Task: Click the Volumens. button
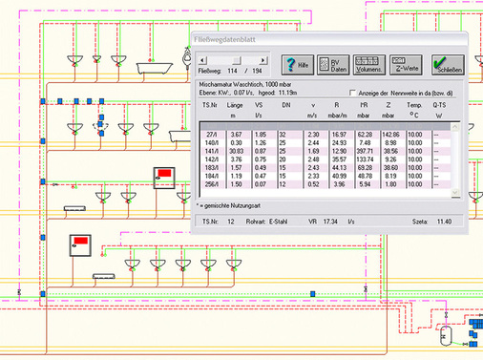point(369,65)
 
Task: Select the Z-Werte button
point(407,65)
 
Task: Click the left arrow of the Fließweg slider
point(200,59)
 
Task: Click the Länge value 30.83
point(235,151)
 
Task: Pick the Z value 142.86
point(388,135)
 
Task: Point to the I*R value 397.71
point(362,151)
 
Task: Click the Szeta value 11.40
point(442,221)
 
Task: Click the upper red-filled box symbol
point(163,174)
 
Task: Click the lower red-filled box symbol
point(76,243)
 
